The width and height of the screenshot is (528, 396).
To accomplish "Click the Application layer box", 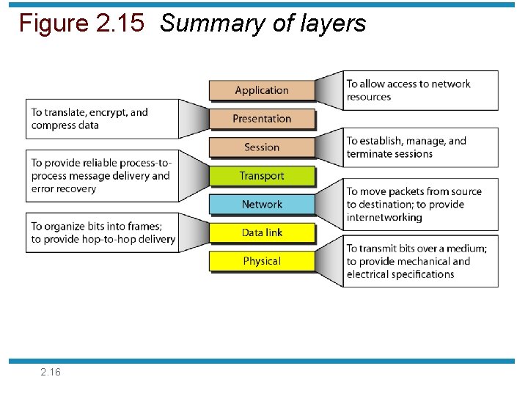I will click(262, 90).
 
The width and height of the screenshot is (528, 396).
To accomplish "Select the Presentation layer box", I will click(262, 119).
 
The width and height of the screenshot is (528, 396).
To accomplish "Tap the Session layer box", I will click(262, 147).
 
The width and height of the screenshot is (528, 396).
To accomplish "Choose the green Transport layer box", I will click(262, 176).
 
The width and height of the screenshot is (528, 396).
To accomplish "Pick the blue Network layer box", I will click(262, 205).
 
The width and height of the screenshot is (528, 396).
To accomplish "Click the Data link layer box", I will click(262, 232).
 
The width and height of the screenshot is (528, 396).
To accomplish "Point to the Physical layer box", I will click(262, 261).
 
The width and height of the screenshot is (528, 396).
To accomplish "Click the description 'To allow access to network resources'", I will click(408, 90).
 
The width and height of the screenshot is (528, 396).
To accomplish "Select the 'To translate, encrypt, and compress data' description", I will click(89, 119).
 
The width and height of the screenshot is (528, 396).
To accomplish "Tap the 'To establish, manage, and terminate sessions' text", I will click(406, 147).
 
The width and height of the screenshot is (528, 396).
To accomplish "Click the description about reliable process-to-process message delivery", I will click(100, 176).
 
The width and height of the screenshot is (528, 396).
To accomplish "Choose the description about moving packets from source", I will click(414, 204).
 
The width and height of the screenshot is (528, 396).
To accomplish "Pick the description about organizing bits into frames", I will click(103, 232).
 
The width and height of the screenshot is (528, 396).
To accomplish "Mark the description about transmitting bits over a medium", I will click(417, 261).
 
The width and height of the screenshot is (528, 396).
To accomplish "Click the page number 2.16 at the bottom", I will click(51, 373).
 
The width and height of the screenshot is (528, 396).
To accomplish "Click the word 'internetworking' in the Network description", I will click(384, 217).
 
